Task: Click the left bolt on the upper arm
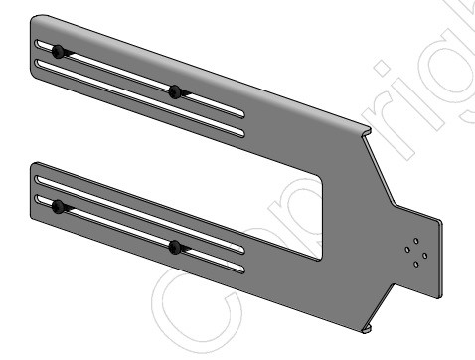tap(60, 52)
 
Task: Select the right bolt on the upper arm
tap(176, 91)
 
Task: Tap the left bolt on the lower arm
tap(59, 206)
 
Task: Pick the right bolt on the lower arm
tap(175, 246)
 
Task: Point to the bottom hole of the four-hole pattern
tap(414, 264)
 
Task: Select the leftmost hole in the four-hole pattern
tap(405, 252)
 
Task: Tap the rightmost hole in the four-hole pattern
tap(424, 255)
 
